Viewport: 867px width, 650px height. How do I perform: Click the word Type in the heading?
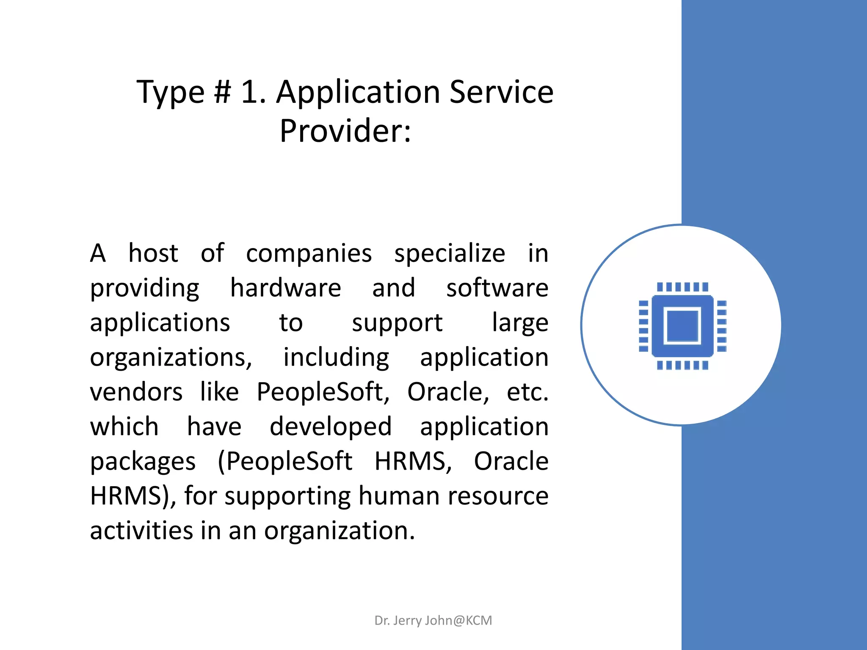click(x=170, y=92)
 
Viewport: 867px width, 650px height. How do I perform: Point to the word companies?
click(x=309, y=253)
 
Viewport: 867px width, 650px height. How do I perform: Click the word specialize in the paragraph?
click(x=450, y=254)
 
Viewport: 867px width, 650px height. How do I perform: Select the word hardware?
click(x=285, y=288)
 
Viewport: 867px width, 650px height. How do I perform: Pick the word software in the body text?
click(x=497, y=288)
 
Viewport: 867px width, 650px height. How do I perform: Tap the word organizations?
click(x=171, y=358)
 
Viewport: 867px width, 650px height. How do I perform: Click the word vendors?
click(x=136, y=392)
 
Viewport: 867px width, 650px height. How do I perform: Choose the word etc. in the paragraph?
click(x=527, y=392)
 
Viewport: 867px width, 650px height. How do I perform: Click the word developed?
click(x=331, y=427)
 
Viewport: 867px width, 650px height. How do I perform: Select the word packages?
click(x=143, y=462)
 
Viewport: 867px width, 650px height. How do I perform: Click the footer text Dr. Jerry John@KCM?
click(x=433, y=620)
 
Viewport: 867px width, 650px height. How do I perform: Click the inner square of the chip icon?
click(x=682, y=325)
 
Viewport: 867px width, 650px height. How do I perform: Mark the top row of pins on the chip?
click(x=682, y=287)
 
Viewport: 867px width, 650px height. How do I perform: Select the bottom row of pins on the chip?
click(x=682, y=365)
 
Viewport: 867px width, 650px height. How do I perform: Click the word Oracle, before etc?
click(x=448, y=392)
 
